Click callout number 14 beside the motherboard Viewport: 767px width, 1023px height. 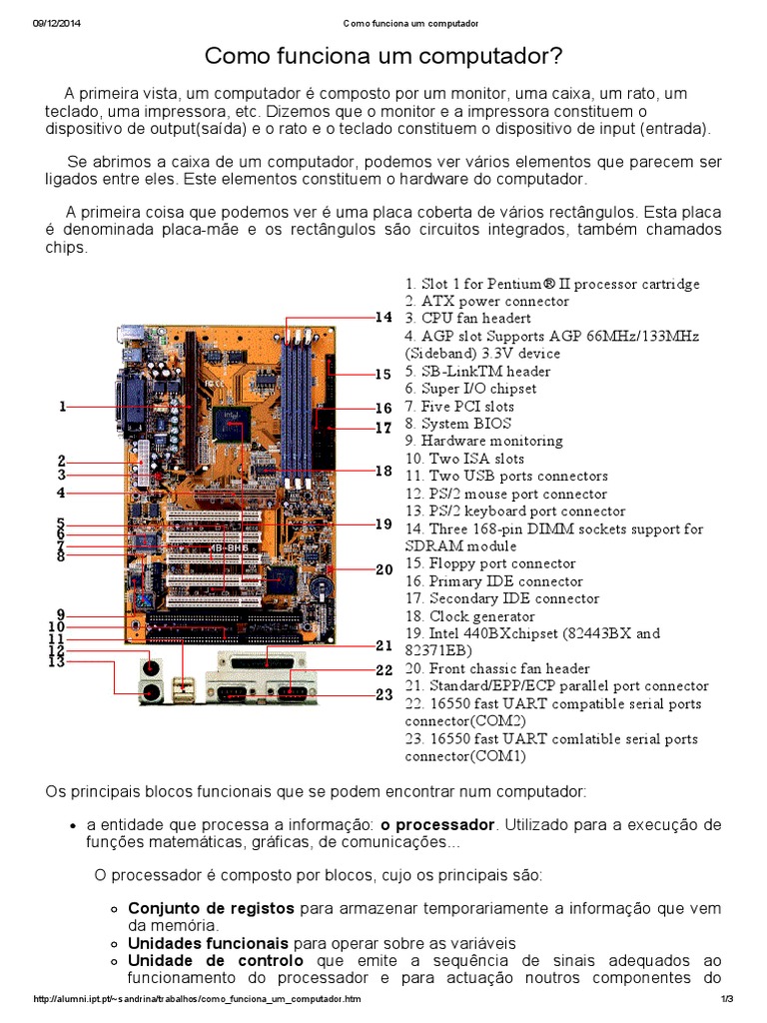pyautogui.click(x=383, y=318)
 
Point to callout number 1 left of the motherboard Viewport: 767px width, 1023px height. pyautogui.click(x=62, y=407)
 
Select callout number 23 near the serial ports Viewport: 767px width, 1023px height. pyautogui.click(x=383, y=695)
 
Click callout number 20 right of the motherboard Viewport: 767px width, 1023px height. pyautogui.click(x=383, y=569)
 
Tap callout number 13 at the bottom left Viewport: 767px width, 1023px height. pyautogui.click(x=57, y=661)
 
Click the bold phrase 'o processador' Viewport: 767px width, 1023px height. pyautogui.click(x=437, y=825)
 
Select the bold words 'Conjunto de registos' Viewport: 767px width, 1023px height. pyautogui.click(x=211, y=909)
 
